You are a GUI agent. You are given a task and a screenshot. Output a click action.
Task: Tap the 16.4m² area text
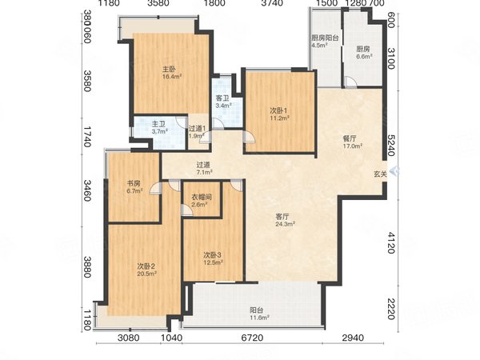(172, 77)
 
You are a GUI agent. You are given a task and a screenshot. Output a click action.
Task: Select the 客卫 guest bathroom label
(222, 98)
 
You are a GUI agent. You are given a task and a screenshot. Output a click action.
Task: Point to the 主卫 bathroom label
(159, 124)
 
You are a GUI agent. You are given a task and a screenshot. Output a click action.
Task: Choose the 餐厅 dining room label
(350, 138)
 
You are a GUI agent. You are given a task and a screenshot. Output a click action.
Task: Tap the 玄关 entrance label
(380, 174)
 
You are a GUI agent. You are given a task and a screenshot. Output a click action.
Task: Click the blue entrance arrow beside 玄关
(395, 171)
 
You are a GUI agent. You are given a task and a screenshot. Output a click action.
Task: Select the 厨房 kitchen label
(363, 49)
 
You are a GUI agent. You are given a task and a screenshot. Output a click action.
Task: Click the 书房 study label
(134, 184)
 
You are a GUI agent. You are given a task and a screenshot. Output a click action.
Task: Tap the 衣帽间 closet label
(202, 197)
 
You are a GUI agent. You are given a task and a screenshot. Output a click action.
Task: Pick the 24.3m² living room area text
(285, 224)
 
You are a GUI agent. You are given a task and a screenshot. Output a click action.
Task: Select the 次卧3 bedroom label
(213, 254)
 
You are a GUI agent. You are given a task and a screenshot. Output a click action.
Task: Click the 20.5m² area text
(146, 274)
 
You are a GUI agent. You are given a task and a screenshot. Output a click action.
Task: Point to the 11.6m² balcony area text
(259, 318)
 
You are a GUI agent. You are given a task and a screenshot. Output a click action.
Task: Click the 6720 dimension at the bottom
(252, 338)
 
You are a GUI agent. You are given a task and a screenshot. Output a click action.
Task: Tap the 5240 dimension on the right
(391, 146)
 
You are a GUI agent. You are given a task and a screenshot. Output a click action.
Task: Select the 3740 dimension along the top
(272, 3)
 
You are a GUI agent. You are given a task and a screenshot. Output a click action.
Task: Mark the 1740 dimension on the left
(87, 137)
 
